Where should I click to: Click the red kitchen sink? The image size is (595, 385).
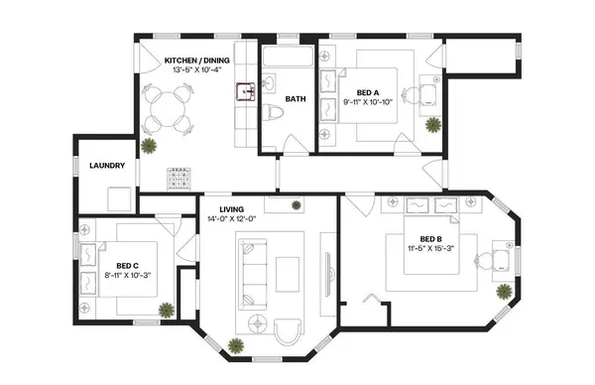tap(244, 93)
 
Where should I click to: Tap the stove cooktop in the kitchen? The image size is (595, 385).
tap(179, 179)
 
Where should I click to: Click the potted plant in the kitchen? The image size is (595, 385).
tap(149, 147)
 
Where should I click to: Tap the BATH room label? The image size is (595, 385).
tap(296, 99)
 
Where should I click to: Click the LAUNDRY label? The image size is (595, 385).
tap(106, 165)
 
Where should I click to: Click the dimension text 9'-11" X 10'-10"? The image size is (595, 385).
tap(370, 101)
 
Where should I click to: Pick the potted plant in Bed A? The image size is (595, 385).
tap(432, 125)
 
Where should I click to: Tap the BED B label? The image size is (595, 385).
tap(430, 239)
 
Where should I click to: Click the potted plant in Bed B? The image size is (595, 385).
tap(505, 293)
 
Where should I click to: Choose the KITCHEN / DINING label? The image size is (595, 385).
tap(197, 61)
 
